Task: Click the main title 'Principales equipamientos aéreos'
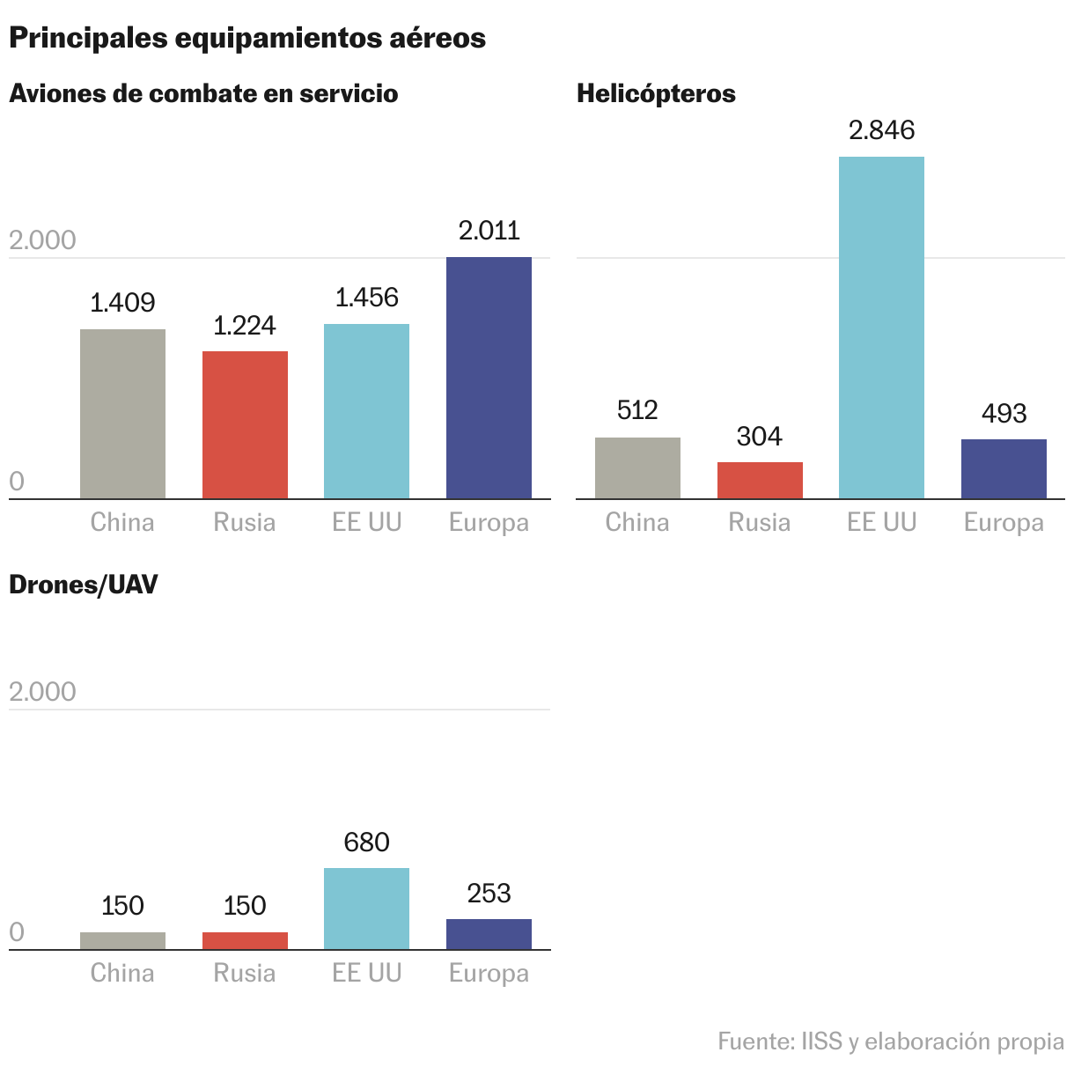(246, 38)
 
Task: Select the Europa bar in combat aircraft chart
(489, 378)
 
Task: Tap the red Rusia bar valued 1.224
(245, 424)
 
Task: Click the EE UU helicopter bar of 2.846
(881, 327)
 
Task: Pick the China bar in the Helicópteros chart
(637, 467)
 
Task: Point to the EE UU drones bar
(366, 909)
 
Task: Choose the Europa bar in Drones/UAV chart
(489, 934)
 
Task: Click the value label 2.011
(489, 231)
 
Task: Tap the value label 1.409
(122, 303)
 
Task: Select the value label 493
(1004, 413)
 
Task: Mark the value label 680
(366, 843)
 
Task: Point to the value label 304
(759, 437)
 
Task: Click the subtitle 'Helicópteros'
(656, 93)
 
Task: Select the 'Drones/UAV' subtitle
(84, 585)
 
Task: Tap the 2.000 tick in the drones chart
(42, 692)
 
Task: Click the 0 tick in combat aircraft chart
(17, 482)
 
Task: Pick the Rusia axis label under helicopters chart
(759, 522)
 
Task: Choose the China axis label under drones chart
(122, 973)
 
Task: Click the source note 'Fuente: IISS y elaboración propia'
(890, 1041)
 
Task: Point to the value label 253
(489, 894)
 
